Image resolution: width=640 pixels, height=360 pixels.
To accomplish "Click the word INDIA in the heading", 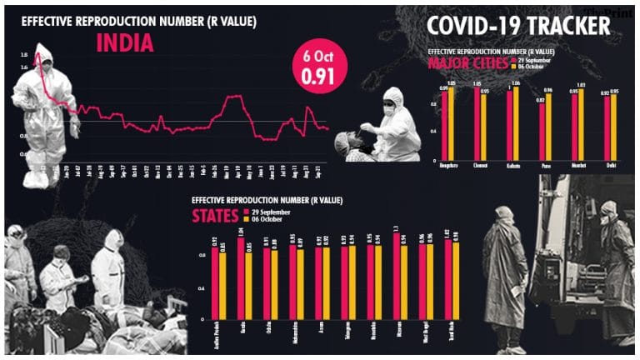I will tap(124, 43).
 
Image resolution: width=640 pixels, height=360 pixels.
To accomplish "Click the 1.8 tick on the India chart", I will tap(23, 55).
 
